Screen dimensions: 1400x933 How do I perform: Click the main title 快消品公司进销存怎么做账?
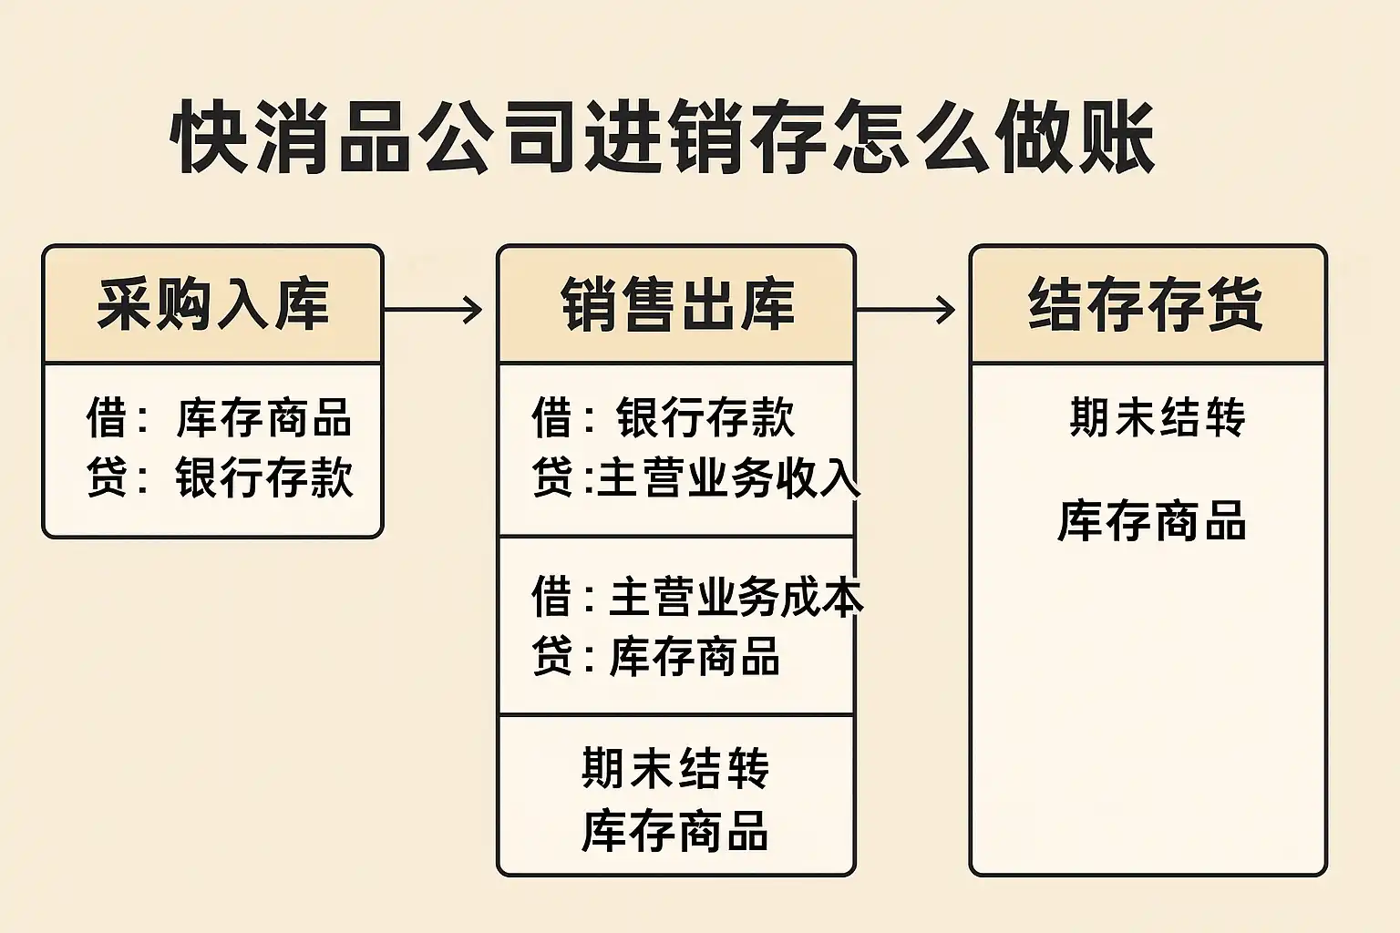click(x=663, y=137)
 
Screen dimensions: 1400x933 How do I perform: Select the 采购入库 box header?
click(x=213, y=305)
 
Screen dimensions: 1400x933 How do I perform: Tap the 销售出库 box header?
click(x=677, y=305)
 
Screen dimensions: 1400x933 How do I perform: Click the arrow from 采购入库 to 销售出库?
click(x=433, y=310)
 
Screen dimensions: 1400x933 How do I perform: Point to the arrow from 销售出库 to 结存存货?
click(x=906, y=310)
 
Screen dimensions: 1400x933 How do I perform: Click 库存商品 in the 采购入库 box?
click(x=263, y=417)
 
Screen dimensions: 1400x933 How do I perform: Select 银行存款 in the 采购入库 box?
click(x=263, y=477)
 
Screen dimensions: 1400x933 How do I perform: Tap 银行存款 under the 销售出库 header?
click(x=705, y=417)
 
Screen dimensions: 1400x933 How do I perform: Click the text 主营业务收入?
click(x=729, y=478)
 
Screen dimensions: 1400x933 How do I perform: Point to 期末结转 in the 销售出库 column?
click(x=675, y=768)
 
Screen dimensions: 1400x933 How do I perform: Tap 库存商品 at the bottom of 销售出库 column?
click(x=675, y=831)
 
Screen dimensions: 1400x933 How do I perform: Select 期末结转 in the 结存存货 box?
click(x=1158, y=416)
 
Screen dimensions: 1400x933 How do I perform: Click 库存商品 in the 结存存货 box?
click(x=1152, y=520)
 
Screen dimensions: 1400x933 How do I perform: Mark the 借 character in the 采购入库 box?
click(x=108, y=417)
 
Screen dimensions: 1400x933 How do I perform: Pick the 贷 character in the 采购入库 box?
click(x=108, y=477)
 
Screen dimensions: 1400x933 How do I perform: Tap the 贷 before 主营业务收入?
click(x=551, y=478)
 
